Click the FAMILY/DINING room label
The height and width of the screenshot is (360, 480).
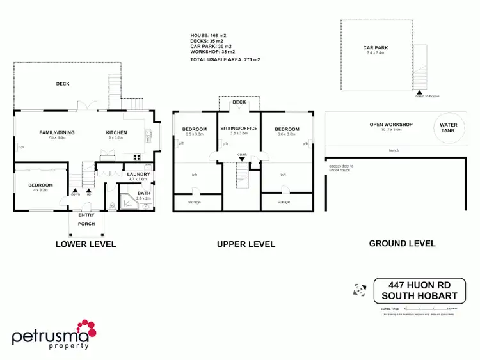(x=53, y=133)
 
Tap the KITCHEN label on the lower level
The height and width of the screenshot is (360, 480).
(x=116, y=133)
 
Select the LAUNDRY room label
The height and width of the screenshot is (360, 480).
(x=138, y=175)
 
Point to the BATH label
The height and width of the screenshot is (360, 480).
(x=143, y=193)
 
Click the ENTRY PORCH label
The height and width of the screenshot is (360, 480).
(x=86, y=219)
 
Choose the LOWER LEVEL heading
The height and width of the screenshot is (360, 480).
(x=86, y=244)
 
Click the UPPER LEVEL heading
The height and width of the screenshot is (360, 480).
(x=246, y=244)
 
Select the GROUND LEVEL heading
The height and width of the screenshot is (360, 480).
(x=403, y=244)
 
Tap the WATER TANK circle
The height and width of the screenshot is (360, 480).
(x=448, y=128)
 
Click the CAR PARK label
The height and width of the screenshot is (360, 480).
(x=376, y=48)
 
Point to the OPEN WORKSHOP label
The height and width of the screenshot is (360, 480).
(x=390, y=125)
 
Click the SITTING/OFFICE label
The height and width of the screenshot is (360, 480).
(x=239, y=129)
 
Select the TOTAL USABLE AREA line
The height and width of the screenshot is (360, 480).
(x=225, y=59)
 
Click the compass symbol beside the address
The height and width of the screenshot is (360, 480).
(x=359, y=290)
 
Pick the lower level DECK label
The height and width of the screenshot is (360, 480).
(x=63, y=84)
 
